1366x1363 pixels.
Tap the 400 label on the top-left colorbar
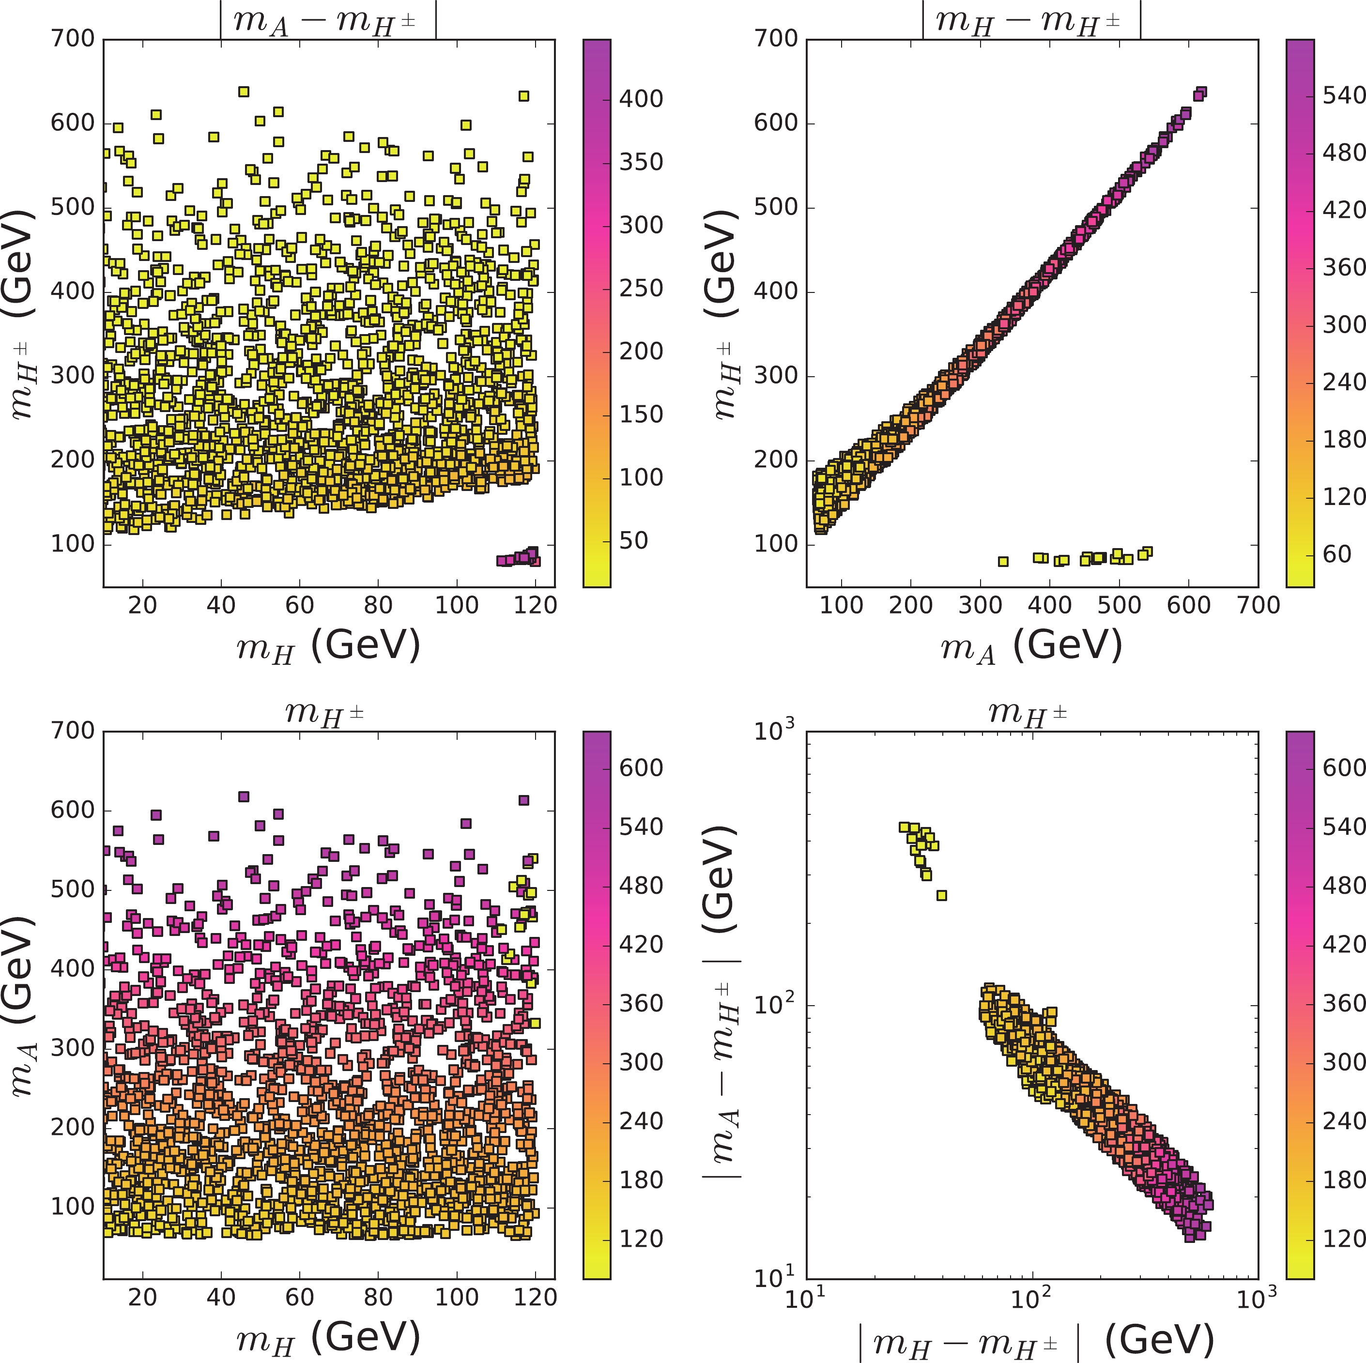point(641,99)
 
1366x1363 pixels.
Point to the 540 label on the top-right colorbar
point(1343,95)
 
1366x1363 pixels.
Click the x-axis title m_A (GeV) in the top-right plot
point(1031,645)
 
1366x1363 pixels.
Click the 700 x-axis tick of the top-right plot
point(1258,606)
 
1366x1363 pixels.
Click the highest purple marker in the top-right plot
point(1200,92)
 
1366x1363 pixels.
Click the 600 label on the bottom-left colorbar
point(641,768)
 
